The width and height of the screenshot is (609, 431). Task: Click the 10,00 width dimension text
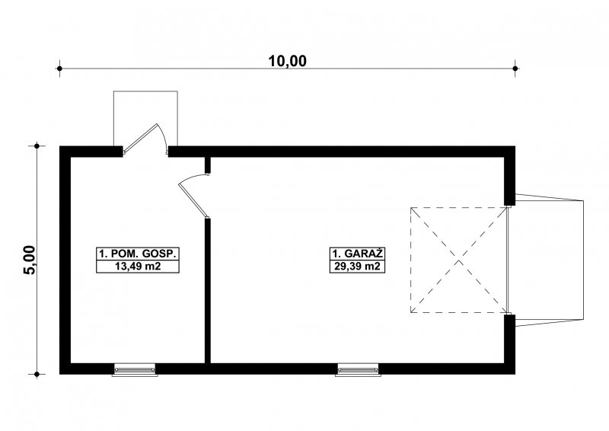(288, 61)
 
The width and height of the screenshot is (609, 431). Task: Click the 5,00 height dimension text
(30, 260)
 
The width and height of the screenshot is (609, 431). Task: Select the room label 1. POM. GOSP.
(138, 254)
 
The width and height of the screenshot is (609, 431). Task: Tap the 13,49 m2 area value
(138, 267)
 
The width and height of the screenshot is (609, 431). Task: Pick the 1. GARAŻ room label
(357, 254)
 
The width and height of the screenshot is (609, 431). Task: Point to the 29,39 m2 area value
(357, 267)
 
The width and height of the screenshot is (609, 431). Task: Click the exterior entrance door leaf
(140, 138)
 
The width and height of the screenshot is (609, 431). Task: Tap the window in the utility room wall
(135, 369)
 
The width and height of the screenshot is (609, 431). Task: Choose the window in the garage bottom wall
(358, 369)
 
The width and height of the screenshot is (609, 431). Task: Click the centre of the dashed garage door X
(459, 260)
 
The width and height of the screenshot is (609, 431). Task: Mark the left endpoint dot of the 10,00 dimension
(59, 69)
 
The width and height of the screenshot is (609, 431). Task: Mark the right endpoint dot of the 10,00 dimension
(515, 69)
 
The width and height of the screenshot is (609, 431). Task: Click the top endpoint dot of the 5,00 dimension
(37, 146)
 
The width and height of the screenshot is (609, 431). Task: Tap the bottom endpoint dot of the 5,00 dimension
(37, 375)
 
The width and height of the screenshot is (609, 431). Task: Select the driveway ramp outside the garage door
(549, 260)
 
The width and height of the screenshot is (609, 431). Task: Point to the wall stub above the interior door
(208, 164)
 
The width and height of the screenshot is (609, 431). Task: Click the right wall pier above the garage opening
(509, 180)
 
